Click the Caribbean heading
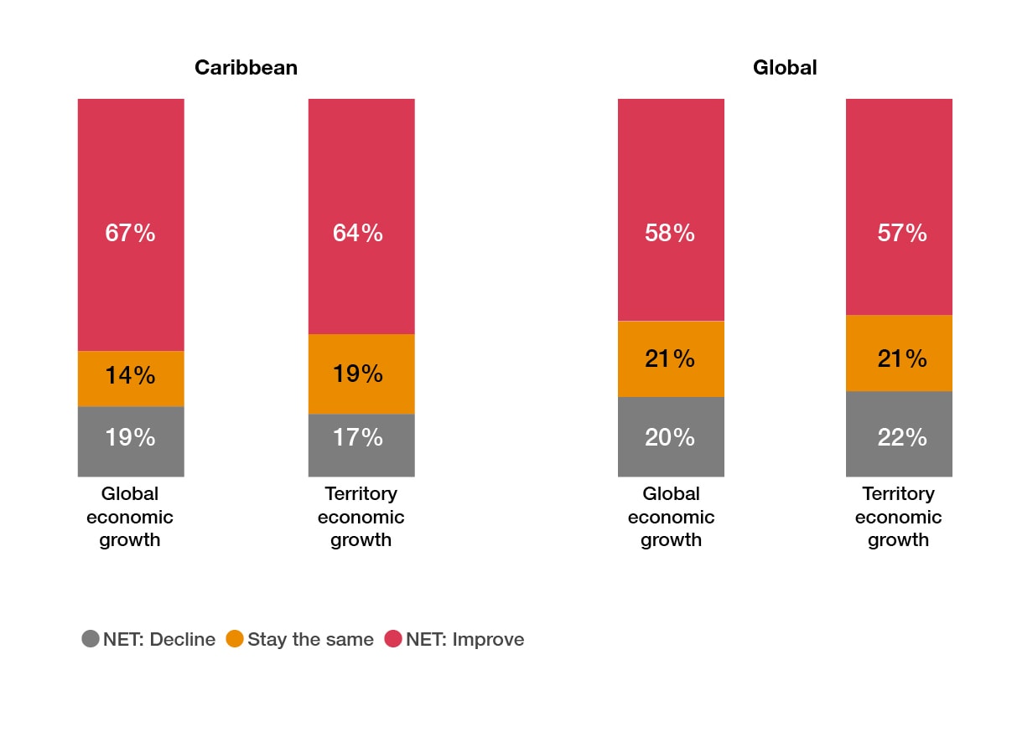246,68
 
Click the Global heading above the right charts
785,68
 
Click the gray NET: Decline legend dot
91,639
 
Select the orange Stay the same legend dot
235,639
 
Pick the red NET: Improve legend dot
393,639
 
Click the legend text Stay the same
310,639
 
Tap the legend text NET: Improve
465,639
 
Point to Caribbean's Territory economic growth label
361,517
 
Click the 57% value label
902,233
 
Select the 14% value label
130,375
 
